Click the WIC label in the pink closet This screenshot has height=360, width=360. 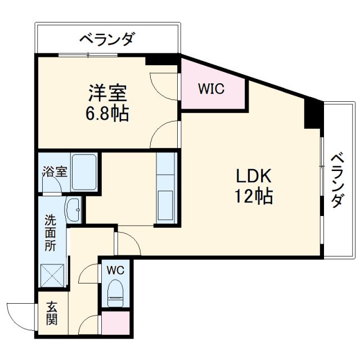click(x=211, y=88)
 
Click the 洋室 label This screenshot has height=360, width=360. click(x=107, y=92)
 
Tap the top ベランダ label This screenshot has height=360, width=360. click(x=107, y=39)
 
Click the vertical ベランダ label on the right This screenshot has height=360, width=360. click(x=337, y=180)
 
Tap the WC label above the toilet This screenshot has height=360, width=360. click(x=116, y=269)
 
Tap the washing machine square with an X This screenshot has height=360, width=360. click(x=53, y=277)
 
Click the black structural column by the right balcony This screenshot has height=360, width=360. click(x=313, y=113)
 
